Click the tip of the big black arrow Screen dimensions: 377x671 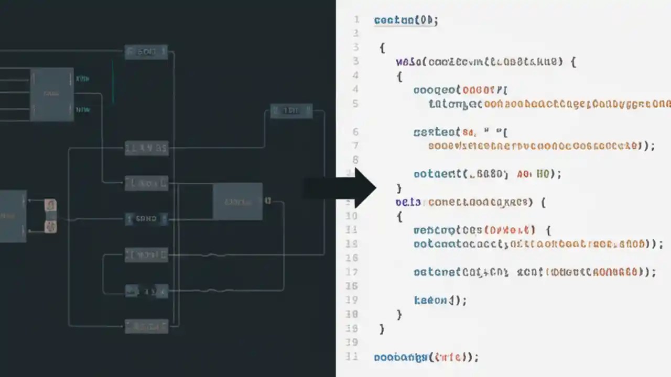click(x=375, y=188)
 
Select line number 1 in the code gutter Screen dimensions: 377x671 click(x=356, y=20)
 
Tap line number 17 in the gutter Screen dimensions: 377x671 click(x=352, y=272)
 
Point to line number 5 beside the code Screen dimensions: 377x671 click(x=355, y=103)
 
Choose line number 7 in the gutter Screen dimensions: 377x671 click(x=355, y=145)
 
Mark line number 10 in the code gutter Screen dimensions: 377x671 click(x=352, y=216)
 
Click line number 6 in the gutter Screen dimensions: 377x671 click(x=355, y=131)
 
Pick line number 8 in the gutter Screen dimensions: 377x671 click(x=355, y=159)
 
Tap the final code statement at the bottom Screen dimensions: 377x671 click(x=426, y=357)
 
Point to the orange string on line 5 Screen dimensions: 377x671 click(x=577, y=104)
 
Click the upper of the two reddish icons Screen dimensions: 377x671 click(x=51, y=205)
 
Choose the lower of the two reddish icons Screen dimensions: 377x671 click(x=51, y=226)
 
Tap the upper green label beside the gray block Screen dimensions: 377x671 click(x=83, y=79)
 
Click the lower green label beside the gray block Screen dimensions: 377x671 click(x=83, y=110)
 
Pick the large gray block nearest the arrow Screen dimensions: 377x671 click(x=237, y=201)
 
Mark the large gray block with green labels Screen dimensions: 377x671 click(x=51, y=94)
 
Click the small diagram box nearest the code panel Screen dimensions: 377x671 click(x=291, y=111)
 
